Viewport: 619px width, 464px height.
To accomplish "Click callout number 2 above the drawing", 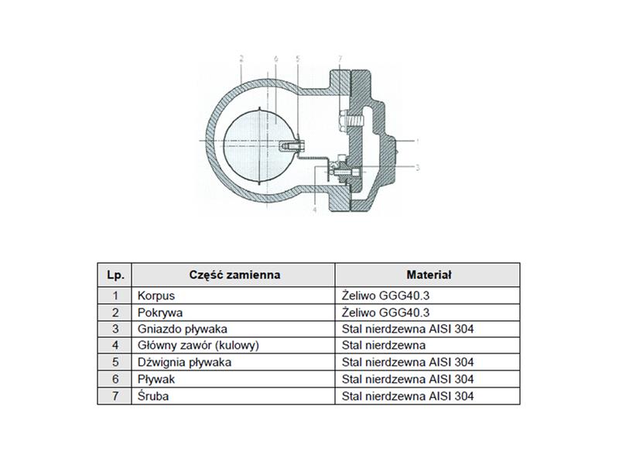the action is coord(241,60).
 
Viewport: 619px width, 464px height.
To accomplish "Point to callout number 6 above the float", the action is coord(276,60).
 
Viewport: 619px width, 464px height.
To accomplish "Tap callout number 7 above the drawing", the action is coord(340,60).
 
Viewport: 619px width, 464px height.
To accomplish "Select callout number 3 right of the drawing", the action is coord(417,168).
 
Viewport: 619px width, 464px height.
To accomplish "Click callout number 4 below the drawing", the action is coord(315,210).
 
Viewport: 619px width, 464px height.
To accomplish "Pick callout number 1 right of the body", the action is coord(417,141).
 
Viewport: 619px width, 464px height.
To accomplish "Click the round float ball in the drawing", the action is coord(259,145).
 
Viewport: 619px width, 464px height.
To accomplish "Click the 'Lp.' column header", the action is coord(115,275).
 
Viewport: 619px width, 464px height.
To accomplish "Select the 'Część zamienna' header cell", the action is coord(234,275).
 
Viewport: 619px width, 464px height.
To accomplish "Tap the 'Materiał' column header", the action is coord(428,275).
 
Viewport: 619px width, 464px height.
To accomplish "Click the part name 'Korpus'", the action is coord(156,296).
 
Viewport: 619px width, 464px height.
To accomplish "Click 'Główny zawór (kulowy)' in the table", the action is coord(198,346).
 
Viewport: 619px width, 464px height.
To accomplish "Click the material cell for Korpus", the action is coord(428,295).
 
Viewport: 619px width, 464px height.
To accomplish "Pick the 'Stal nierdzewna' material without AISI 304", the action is coord(384,346).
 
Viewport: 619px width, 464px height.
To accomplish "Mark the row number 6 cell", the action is coord(115,379).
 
